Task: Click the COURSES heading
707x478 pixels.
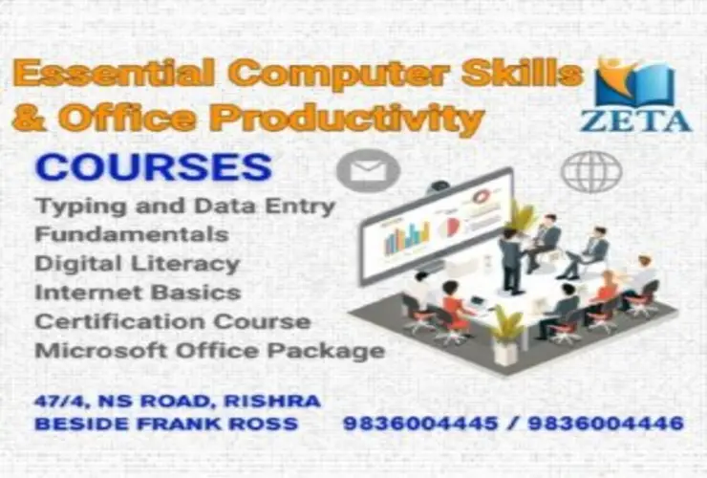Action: [x=154, y=167]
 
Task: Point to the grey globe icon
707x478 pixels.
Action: [x=590, y=172]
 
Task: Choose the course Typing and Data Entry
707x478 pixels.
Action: [x=184, y=205]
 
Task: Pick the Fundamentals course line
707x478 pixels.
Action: [x=131, y=233]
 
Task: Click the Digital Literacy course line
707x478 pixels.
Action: [x=137, y=263]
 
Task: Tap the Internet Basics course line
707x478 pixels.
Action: [x=137, y=292]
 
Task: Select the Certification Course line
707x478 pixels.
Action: [x=172, y=321]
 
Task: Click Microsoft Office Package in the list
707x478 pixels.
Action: [x=209, y=351]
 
